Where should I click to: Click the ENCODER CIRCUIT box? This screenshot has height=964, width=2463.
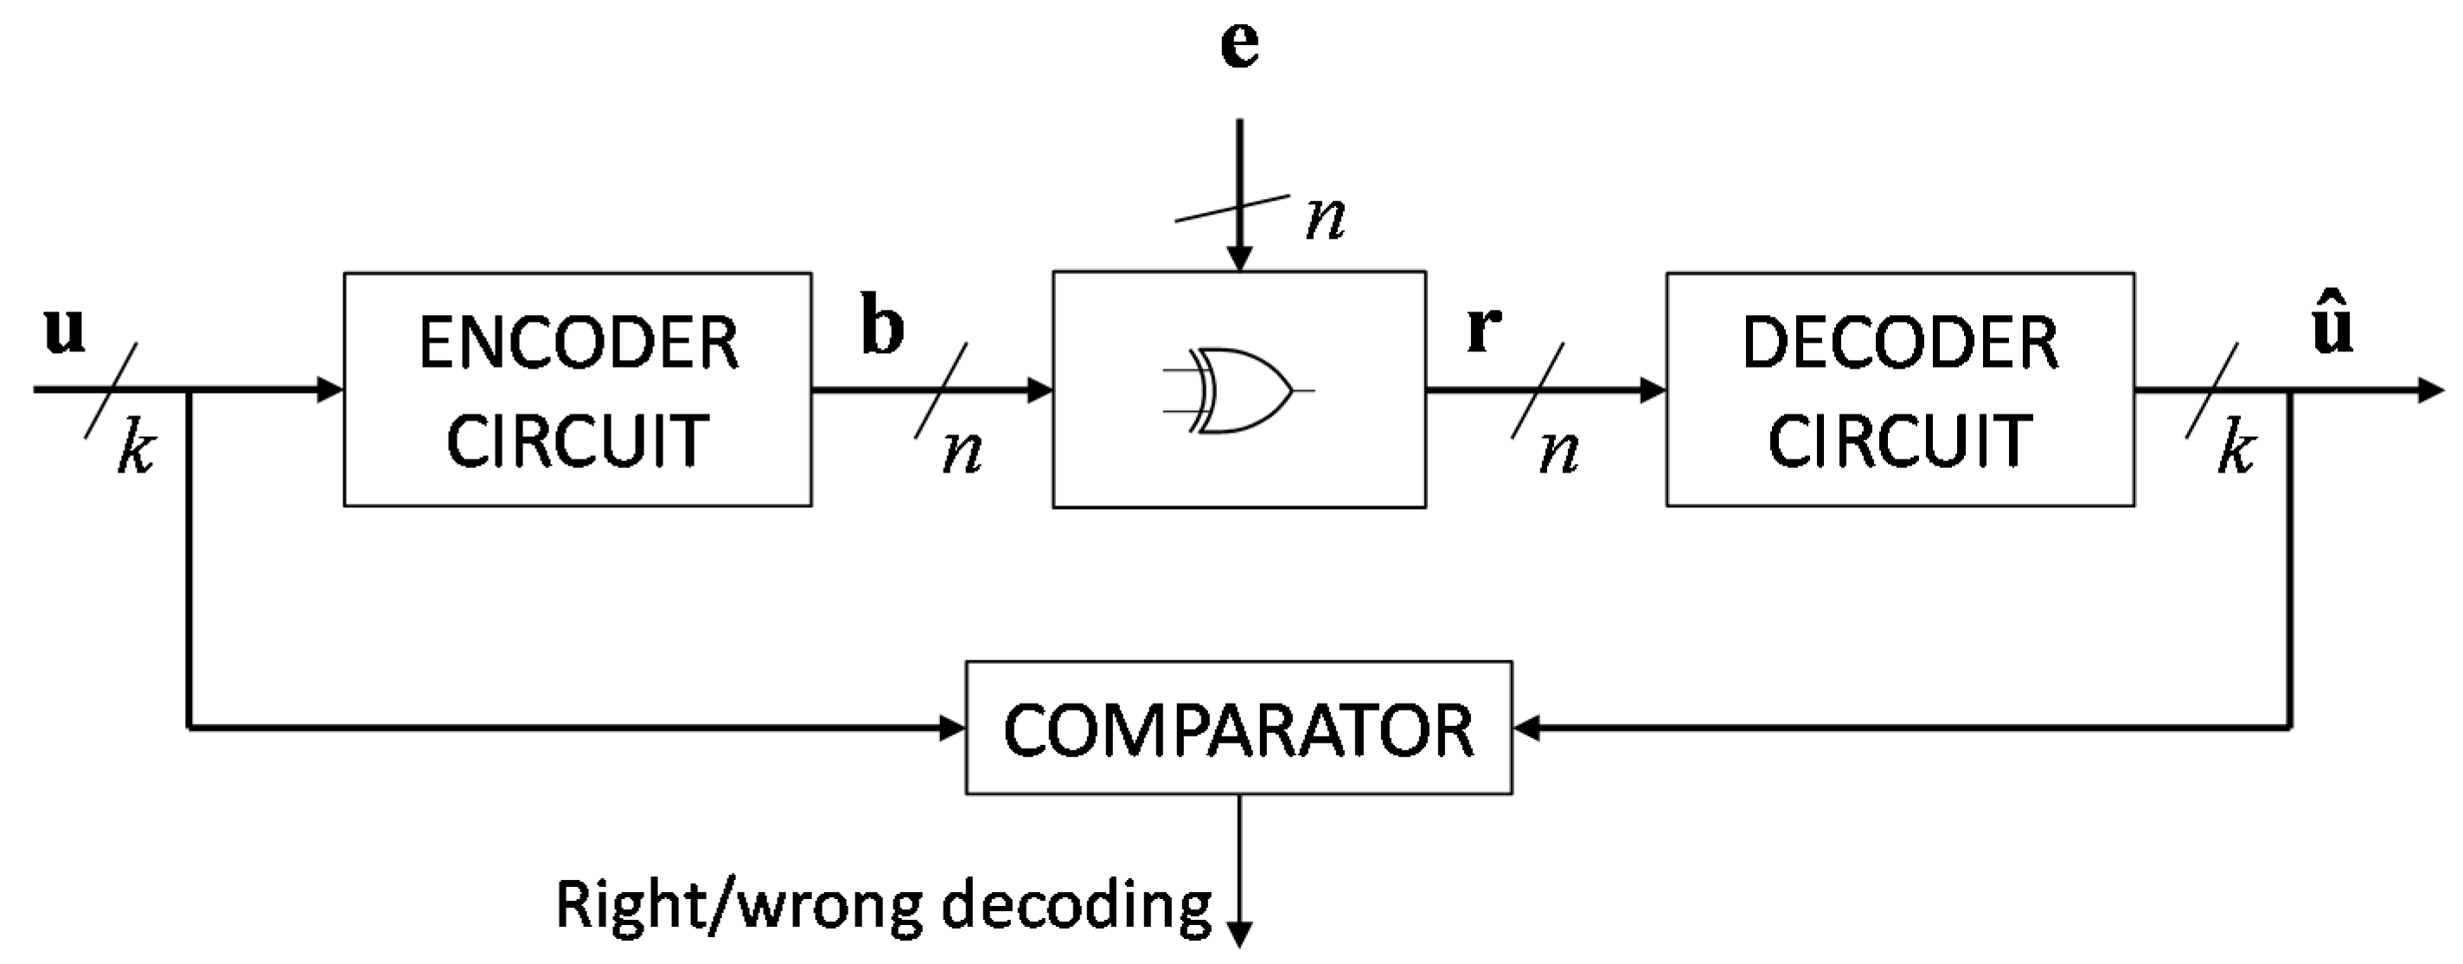pos(578,389)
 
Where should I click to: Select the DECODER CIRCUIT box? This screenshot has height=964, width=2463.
pos(1900,389)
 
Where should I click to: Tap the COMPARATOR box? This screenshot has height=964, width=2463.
pos(1238,729)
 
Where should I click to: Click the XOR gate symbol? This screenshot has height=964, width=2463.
pos(1239,391)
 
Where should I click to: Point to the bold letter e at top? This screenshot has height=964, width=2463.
pos(1239,46)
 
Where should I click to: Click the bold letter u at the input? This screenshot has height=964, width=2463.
pos(65,331)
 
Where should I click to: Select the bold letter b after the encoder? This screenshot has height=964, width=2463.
pos(881,327)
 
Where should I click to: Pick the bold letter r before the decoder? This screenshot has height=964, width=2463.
pos(1483,329)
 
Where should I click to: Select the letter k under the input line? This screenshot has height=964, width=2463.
pos(136,449)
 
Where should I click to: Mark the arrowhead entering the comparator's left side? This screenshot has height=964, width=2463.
pos(952,729)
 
